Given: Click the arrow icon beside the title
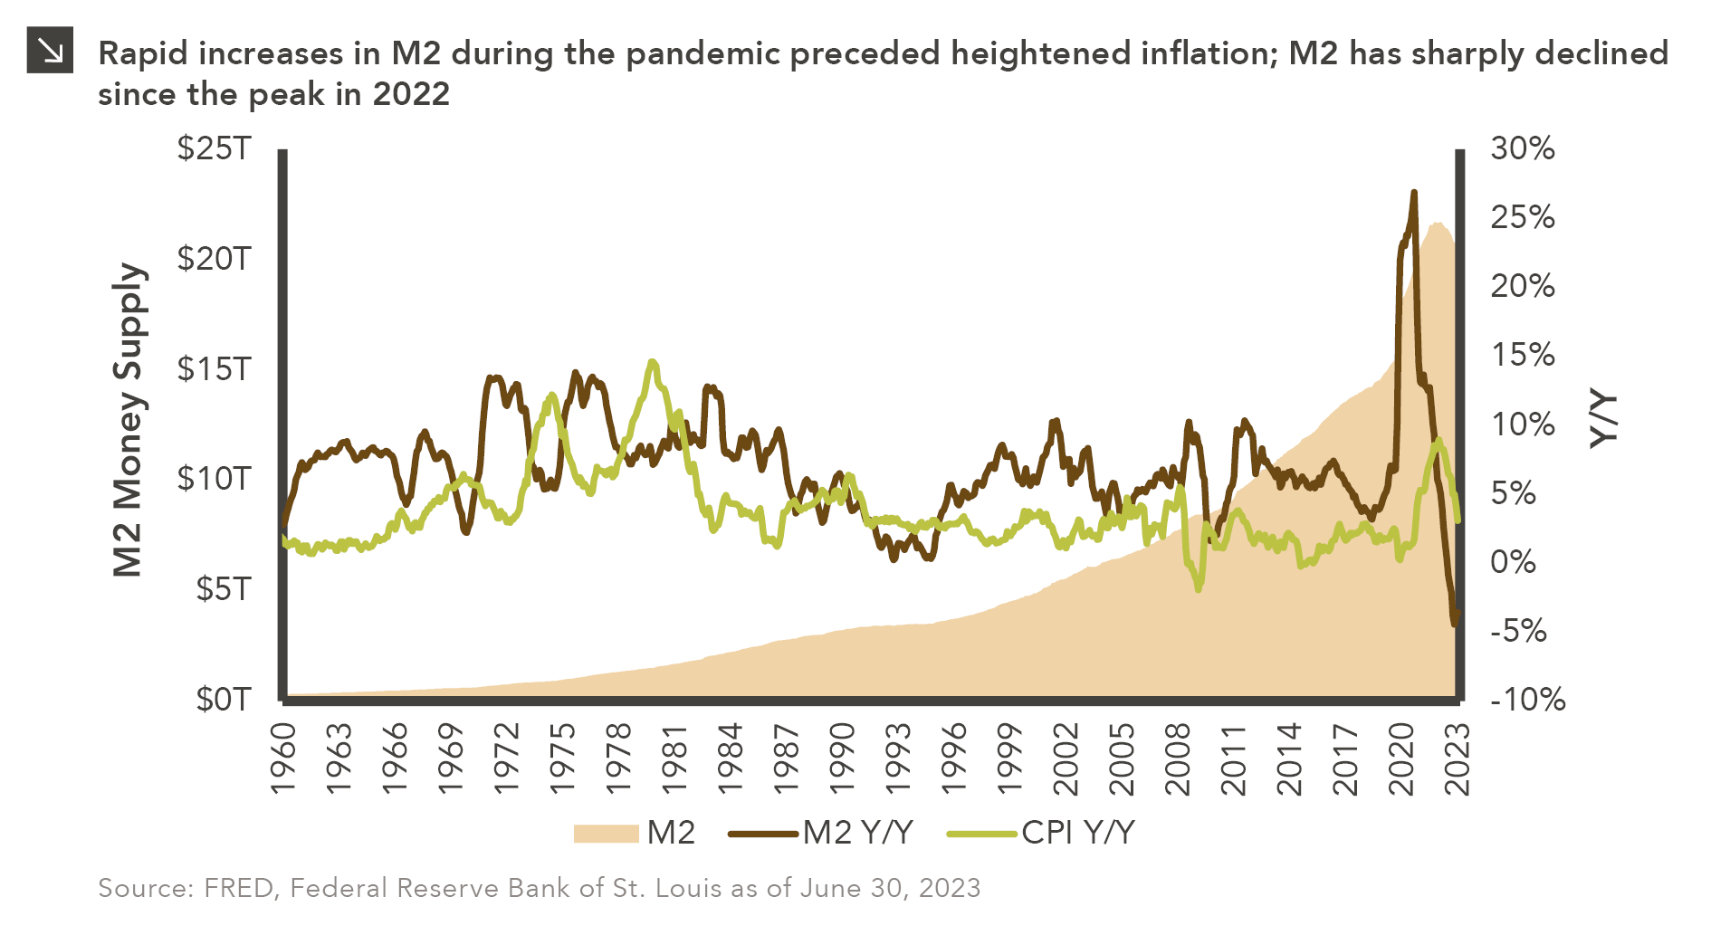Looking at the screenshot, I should point(50,51).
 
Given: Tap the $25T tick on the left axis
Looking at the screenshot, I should point(214,148).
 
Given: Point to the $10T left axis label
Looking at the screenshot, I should point(214,478).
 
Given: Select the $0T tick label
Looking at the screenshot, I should point(223,699).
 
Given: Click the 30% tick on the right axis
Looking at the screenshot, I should point(1522,148).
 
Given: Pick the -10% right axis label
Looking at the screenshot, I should point(1527,699).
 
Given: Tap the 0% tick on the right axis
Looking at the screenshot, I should point(1513,561).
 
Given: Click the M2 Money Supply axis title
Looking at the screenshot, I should point(128,420).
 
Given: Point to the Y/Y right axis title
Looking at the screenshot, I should point(1603,420).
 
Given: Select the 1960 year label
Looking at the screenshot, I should point(284,758).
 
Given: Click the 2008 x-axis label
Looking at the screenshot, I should point(1178,758).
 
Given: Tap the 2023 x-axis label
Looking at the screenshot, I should point(1457,758).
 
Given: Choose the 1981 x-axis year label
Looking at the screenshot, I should point(675,758).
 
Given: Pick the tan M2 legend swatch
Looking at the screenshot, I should point(606,833).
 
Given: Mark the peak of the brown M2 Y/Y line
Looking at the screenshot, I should point(1413,193).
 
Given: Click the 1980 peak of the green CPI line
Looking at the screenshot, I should point(653,362).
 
